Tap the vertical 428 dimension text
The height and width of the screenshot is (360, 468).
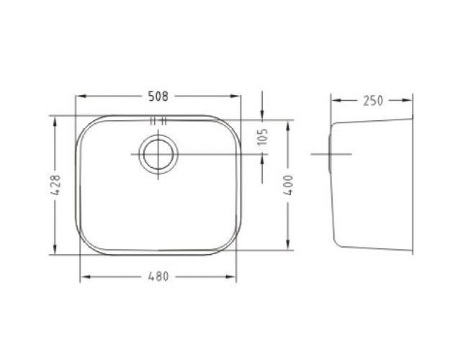click(x=55, y=186)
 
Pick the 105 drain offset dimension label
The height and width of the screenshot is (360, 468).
click(x=263, y=135)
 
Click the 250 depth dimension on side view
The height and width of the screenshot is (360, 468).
click(x=372, y=100)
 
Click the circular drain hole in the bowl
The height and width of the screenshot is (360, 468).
click(x=158, y=154)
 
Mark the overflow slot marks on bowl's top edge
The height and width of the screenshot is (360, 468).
click(x=159, y=121)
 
